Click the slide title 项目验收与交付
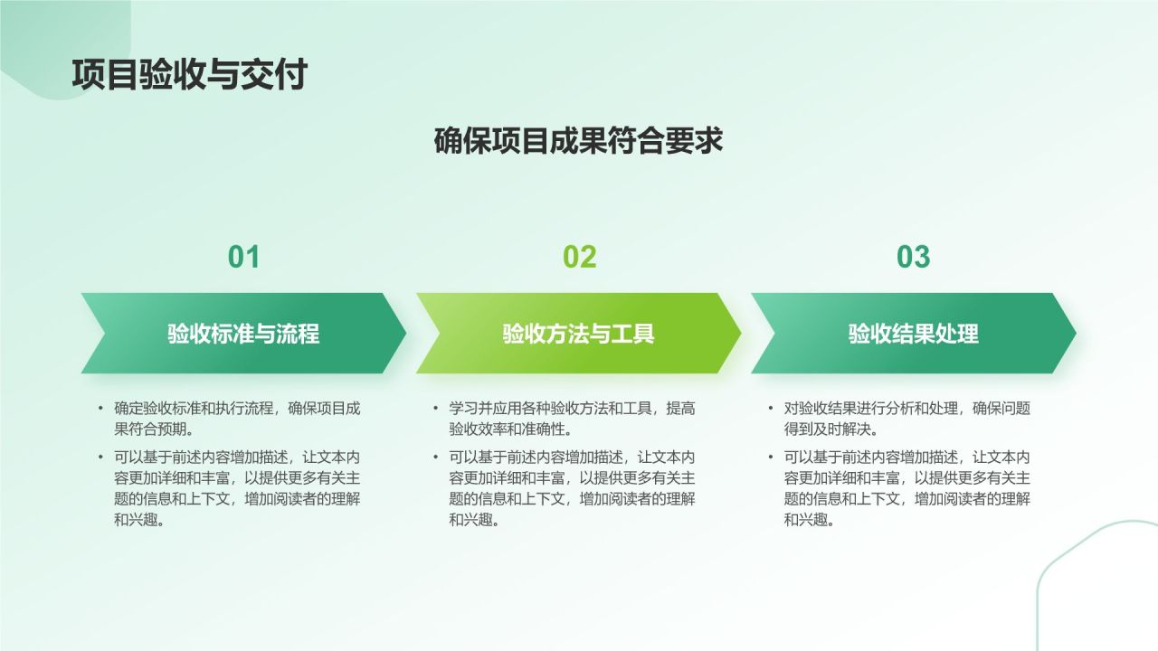(x=189, y=74)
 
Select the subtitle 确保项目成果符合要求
(x=578, y=141)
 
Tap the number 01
(x=243, y=257)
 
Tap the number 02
(x=580, y=257)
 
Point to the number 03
(x=913, y=257)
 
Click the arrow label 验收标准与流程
(x=243, y=334)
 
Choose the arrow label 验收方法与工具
(x=578, y=334)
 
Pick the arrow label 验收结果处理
(x=913, y=334)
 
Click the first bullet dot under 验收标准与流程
(x=100, y=409)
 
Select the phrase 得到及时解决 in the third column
(x=833, y=429)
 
